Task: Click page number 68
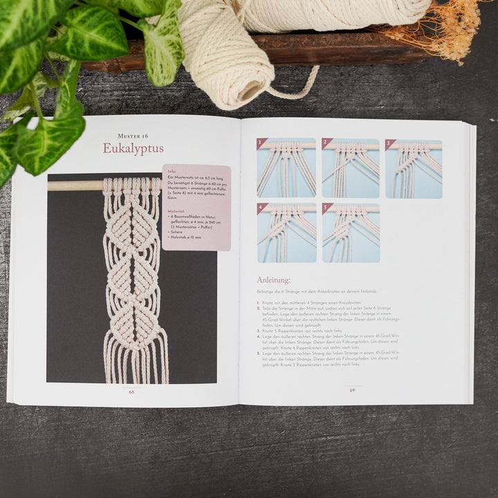pos(131,391)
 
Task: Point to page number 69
pos(352,389)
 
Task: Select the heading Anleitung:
pos(274,280)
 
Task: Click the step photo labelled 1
pos(286,168)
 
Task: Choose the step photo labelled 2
pos(350,168)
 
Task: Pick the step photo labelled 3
pos(414,168)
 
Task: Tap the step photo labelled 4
pos(286,232)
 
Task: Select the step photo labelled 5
pos(350,232)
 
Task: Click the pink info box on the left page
pos(196,207)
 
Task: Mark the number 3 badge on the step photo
pos(390,144)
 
